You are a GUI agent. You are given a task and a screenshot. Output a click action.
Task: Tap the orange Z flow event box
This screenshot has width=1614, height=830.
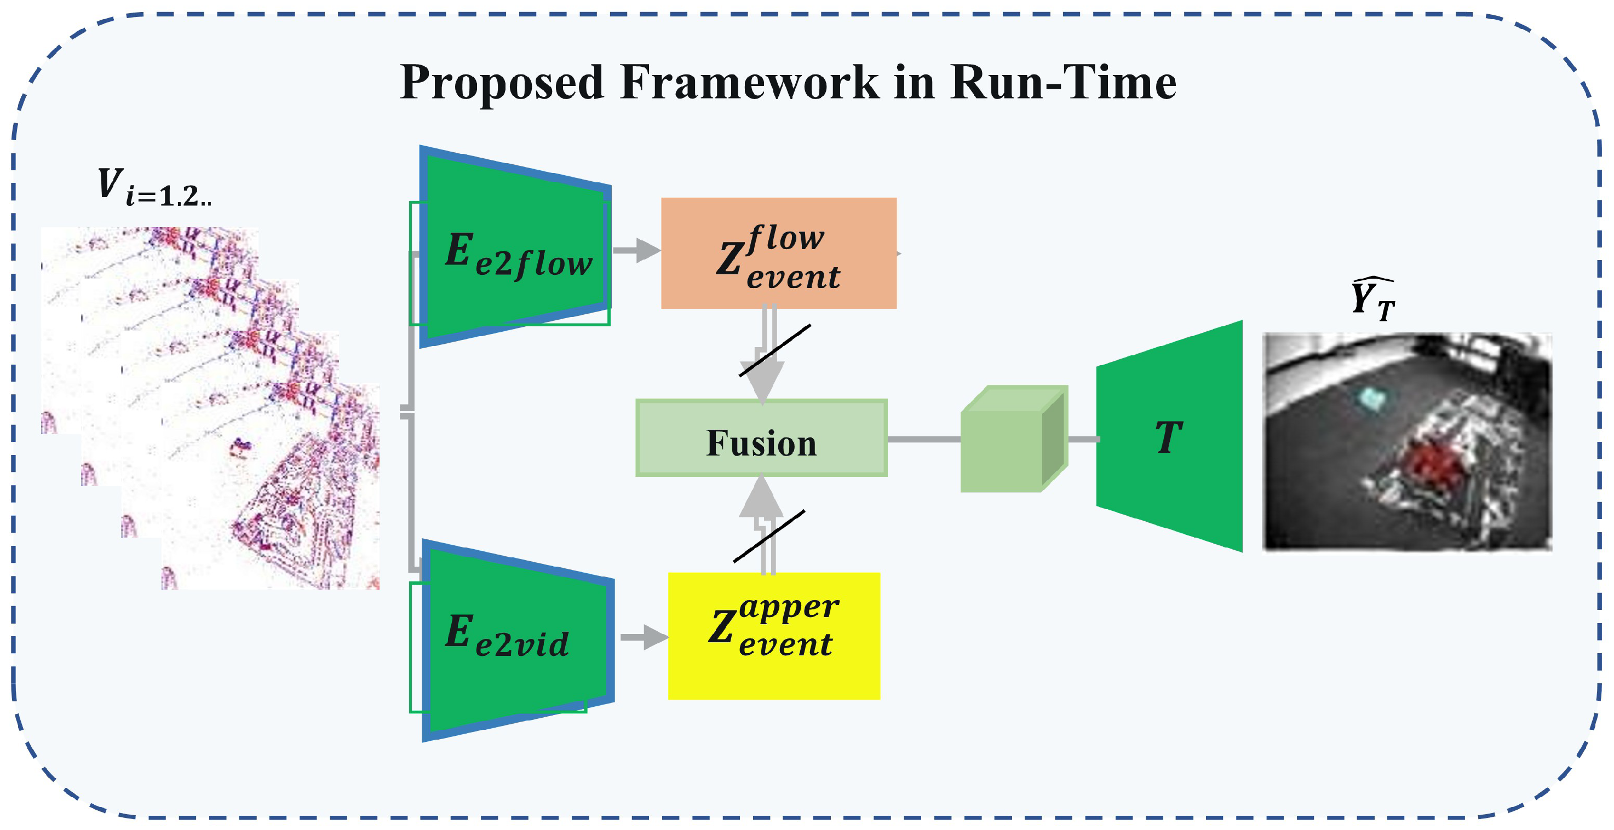pos(778,253)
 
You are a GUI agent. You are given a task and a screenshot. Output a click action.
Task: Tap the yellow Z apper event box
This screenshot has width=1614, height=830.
pos(773,635)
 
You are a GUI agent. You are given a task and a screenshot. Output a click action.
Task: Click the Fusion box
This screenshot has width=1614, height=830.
pos(761,439)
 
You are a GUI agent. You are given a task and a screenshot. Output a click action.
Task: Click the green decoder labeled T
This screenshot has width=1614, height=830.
pos(1169,436)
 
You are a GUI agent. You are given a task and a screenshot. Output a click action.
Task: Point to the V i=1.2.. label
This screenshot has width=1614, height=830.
pos(153,187)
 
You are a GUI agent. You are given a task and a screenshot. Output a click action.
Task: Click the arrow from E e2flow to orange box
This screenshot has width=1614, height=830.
pos(636,251)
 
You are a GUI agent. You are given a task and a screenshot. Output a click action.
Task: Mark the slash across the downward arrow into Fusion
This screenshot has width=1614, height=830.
pos(775,350)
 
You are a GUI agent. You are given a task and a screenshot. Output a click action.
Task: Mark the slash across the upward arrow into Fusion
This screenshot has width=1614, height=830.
pos(769,536)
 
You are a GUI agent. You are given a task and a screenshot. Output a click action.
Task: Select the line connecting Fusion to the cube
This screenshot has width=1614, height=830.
pos(923,440)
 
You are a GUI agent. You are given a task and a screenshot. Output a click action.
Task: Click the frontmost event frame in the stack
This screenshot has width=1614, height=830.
pos(269,488)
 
